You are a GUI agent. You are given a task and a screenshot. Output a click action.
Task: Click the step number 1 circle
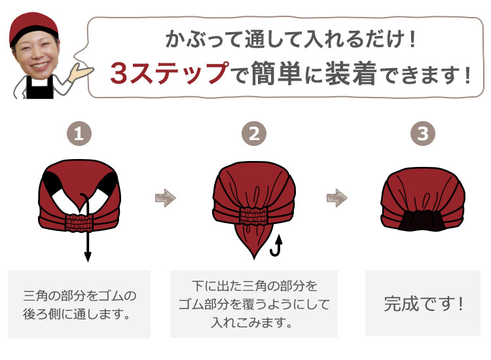tap(79, 134)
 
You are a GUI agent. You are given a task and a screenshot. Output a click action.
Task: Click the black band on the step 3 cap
tap(424, 221)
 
